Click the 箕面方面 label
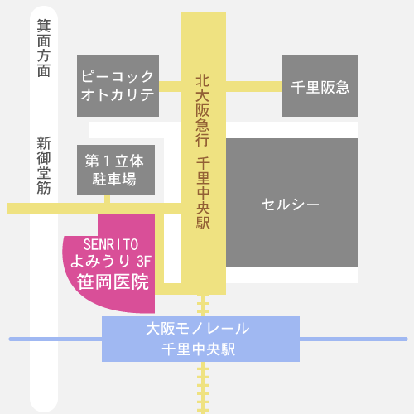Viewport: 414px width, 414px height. click(x=44, y=48)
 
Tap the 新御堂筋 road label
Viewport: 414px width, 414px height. click(x=44, y=166)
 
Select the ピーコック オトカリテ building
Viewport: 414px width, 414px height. click(x=118, y=86)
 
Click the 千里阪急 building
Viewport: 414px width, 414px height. click(x=320, y=86)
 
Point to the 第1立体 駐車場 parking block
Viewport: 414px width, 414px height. click(x=116, y=170)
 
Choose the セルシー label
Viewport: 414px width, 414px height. click(x=291, y=205)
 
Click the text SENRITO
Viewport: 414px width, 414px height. click(x=111, y=244)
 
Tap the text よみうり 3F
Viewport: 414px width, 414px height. click(x=111, y=261)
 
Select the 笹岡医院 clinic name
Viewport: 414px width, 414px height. click(x=113, y=282)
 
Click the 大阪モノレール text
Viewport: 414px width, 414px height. click(x=198, y=329)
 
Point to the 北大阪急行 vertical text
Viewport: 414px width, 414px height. click(x=203, y=110)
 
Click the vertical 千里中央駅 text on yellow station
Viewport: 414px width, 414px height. click(x=203, y=193)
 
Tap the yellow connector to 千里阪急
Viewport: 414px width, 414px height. click(x=254, y=86)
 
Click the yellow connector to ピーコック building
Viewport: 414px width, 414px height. click(x=170, y=86)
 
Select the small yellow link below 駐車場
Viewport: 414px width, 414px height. click(x=108, y=200)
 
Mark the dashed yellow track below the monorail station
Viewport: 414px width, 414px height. click(x=204, y=388)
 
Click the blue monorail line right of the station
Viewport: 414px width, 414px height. click(x=354, y=339)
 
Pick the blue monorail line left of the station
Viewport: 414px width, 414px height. click(x=55, y=339)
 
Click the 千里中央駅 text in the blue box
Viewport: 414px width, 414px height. click(x=198, y=349)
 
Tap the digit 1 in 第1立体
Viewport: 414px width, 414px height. click(x=108, y=161)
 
